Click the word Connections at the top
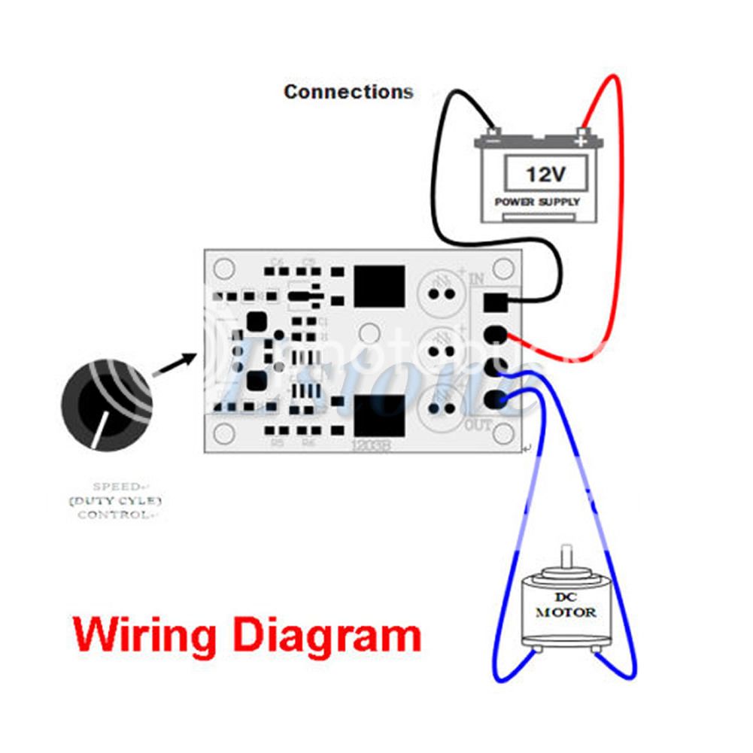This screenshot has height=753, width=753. pos(348,92)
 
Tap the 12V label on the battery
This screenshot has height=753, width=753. pos(545,175)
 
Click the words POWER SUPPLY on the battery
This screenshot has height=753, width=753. pos(537,202)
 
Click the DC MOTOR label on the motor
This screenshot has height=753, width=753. pos(565,606)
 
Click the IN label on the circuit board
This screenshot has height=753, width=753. pos(477,279)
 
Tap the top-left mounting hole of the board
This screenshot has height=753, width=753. pos(223,269)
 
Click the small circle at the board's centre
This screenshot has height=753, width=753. pos(369,332)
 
